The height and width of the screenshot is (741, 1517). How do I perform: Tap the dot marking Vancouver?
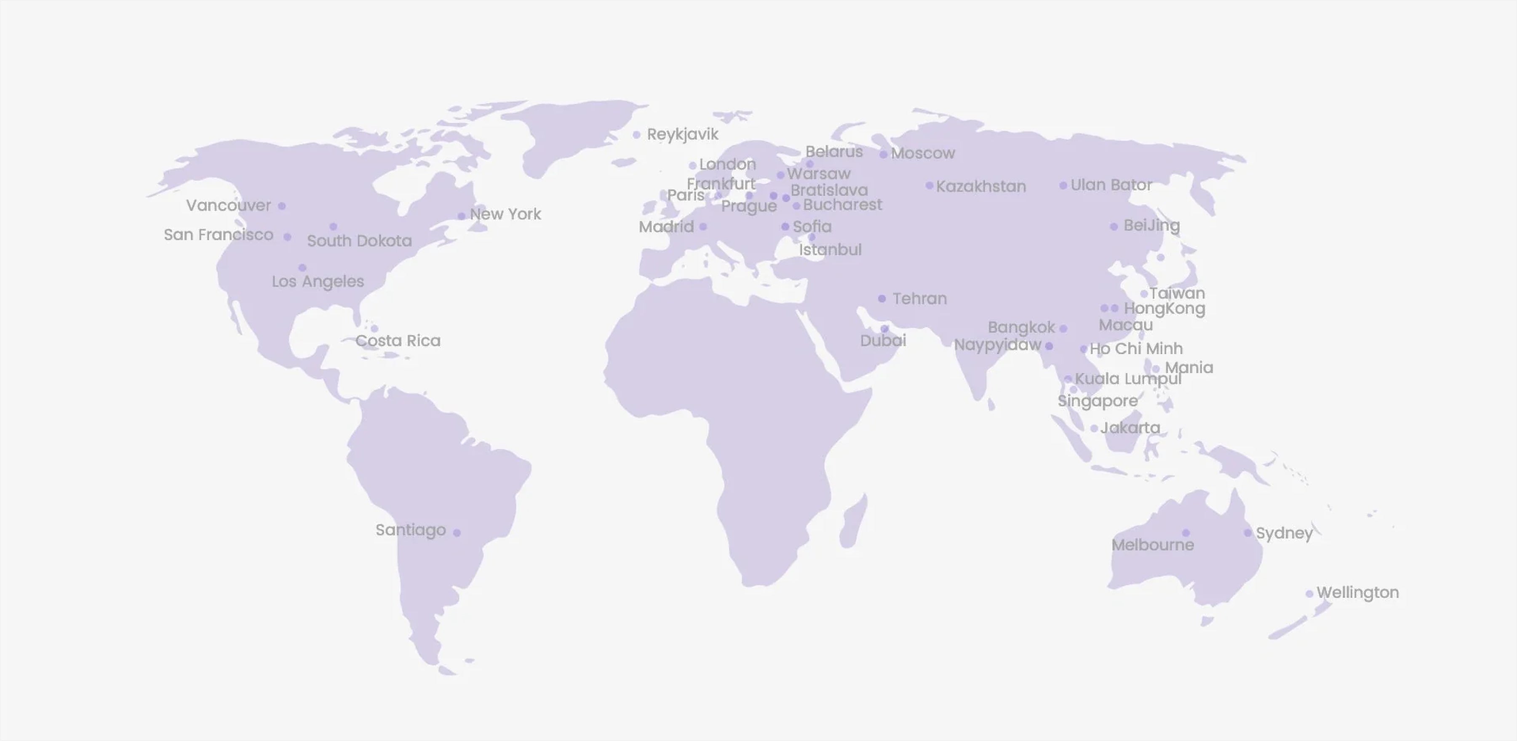click(x=282, y=206)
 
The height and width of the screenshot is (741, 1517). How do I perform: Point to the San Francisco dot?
click(x=287, y=237)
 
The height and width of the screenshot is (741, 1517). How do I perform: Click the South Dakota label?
click(x=359, y=241)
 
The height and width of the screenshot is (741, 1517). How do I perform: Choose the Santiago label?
click(x=411, y=530)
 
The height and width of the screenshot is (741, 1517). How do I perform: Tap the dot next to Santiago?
click(x=457, y=533)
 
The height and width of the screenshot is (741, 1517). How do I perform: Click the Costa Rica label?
click(x=398, y=341)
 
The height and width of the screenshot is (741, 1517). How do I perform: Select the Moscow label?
click(x=922, y=154)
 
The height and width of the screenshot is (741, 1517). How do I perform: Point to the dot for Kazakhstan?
click(x=929, y=186)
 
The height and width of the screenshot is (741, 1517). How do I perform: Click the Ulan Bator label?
click(x=1111, y=185)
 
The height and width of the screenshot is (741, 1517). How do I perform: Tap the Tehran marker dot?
click(x=881, y=299)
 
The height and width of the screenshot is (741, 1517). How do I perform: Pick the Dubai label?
click(x=883, y=341)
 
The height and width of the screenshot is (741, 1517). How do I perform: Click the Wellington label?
click(x=1357, y=593)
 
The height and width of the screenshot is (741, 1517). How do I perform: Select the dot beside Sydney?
click(x=1248, y=533)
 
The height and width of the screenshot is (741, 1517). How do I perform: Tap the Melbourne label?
click(x=1152, y=545)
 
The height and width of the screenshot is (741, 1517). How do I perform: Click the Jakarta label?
click(x=1130, y=428)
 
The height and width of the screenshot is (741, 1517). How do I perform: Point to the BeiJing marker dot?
click(x=1114, y=227)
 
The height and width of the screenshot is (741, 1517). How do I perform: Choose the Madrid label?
click(x=666, y=227)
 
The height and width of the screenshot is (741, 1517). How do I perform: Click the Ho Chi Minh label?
click(x=1135, y=349)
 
